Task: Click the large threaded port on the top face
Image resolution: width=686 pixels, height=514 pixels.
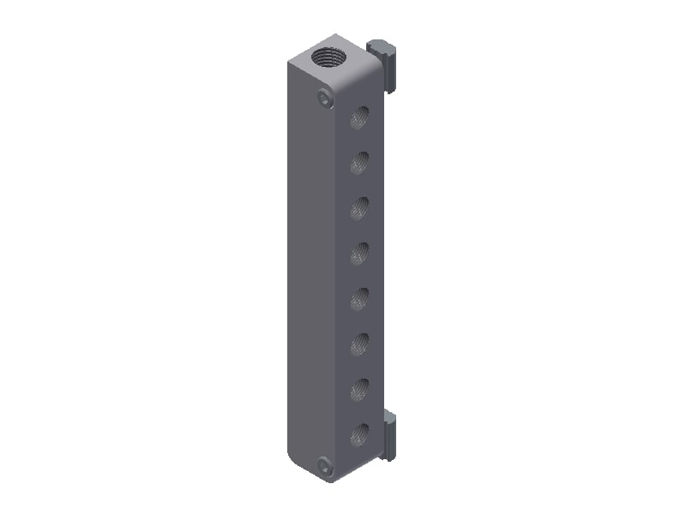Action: pos(328,58)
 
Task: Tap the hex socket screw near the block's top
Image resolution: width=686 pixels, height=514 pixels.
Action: pos(324,99)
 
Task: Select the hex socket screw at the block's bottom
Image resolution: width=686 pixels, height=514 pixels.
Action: pos(325,467)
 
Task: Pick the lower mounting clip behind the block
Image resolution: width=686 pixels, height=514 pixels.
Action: pos(389,435)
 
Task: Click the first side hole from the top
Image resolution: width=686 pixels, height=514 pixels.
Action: pos(359,117)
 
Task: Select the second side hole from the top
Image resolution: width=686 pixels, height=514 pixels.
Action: pos(359,163)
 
